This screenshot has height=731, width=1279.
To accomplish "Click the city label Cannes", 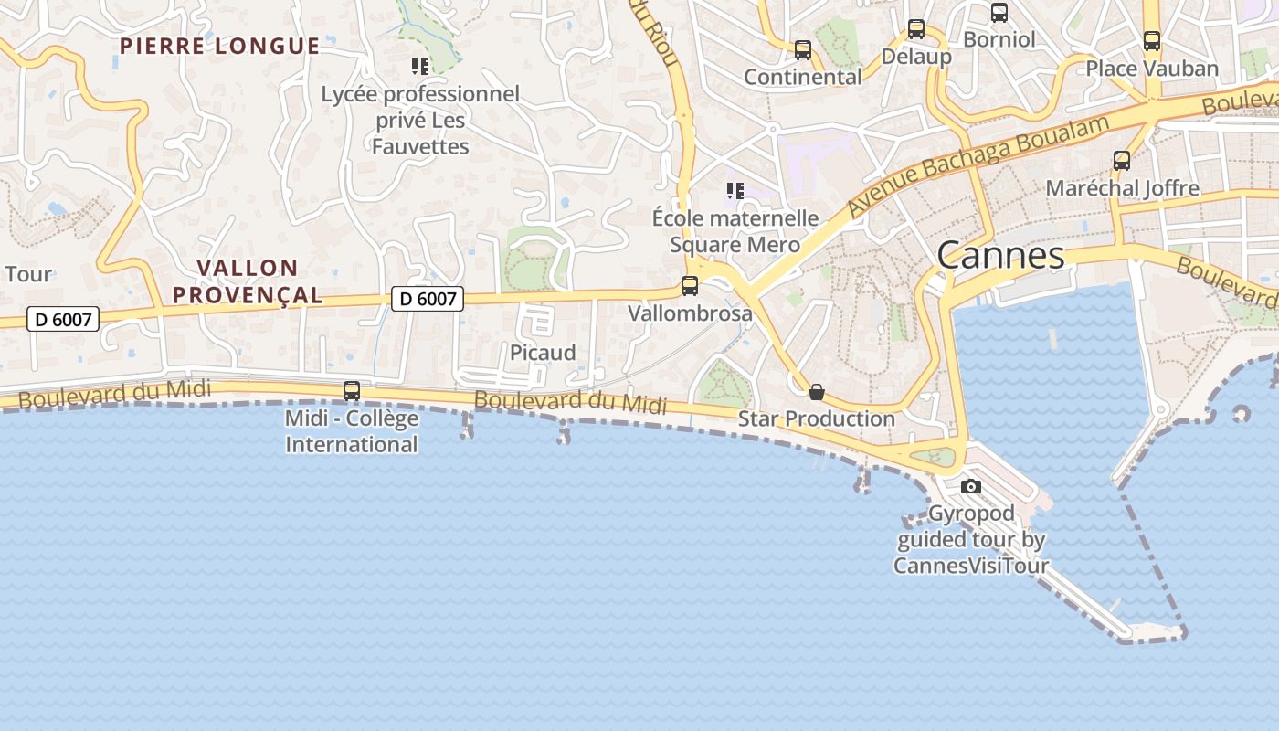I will (x=1000, y=255).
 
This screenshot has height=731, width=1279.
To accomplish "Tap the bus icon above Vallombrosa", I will (x=690, y=286).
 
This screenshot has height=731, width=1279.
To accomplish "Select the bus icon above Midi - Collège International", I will (x=351, y=391).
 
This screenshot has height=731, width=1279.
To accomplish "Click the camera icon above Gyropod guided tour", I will (x=971, y=486).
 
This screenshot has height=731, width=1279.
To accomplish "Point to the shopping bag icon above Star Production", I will (x=817, y=392).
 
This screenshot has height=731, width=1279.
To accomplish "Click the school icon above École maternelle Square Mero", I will (x=735, y=191).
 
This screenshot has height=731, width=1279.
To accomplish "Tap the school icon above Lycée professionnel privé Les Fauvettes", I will (x=420, y=66).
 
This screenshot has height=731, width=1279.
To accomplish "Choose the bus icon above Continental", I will (x=802, y=50).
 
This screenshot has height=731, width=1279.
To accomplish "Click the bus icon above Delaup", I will (x=915, y=29).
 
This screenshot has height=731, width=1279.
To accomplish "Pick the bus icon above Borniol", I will (x=999, y=13).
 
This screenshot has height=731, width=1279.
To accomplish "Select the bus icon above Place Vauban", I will (x=1151, y=41).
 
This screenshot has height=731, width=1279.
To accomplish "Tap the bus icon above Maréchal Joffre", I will (x=1122, y=161).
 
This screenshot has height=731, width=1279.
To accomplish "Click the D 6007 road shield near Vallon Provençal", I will (x=428, y=298).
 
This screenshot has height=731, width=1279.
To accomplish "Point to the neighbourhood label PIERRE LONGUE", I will (x=220, y=47).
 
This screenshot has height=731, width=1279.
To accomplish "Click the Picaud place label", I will (x=543, y=353).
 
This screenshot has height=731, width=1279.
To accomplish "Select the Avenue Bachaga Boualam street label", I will (x=978, y=164).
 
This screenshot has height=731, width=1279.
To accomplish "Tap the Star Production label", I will (x=816, y=418).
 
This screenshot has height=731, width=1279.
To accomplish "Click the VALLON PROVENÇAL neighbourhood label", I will (x=248, y=281).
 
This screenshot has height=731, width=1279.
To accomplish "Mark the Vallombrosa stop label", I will (x=690, y=313).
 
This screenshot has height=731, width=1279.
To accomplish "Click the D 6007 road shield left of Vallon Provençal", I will (x=63, y=319).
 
